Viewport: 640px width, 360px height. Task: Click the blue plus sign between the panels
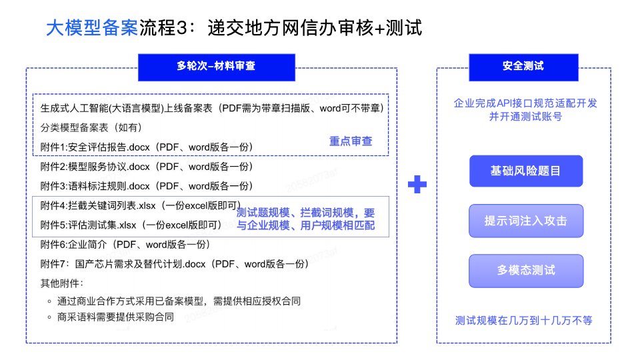pyautogui.click(x=417, y=185)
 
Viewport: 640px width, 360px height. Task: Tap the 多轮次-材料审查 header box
pyautogui.click(x=216, y=66)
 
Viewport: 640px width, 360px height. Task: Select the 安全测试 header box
pyautogui.click(x=523, y=66)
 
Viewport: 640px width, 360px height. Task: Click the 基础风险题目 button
pyautogui.click(x=525, y=171)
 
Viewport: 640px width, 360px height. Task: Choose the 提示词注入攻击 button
pyautogui.click(x=525, y=221)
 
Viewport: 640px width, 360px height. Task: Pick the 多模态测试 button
pyautogui.click(x=525, y=271)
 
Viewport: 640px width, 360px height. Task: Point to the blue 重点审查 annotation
pyautogui.click(x=351, y=141)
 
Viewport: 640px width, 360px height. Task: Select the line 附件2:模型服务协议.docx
pyautogui.click(x=147, y=166)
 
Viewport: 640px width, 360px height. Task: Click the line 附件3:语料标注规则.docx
pyautogui.click(x=147, y=185)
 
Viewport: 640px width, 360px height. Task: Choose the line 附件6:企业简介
pyautogui.click(x=125, y=244)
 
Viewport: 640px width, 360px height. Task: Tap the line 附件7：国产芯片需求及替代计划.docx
pyautogui.click(x=175, y=263)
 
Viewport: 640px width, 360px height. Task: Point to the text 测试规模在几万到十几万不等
pyautogui.click(x=523, y=320)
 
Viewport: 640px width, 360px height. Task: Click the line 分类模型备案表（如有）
pyautogui.click(x=91, y=127)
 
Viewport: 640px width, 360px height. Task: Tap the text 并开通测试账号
pyautogui.click(x=525, y=117)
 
